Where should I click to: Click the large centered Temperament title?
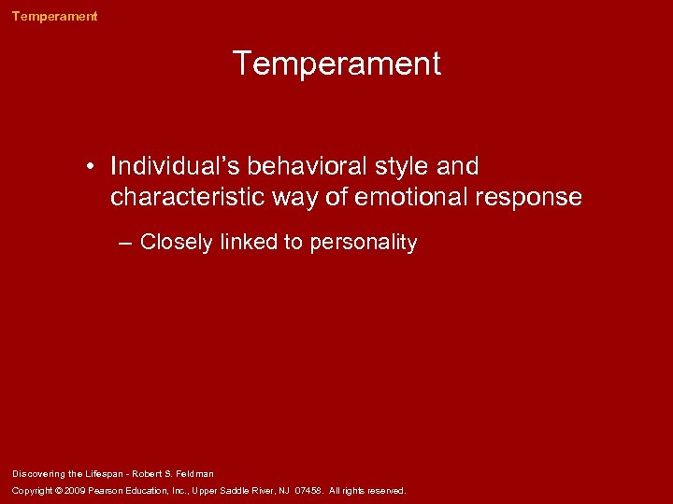pos(336,64)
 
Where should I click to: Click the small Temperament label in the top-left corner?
pos(54,16)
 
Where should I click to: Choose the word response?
pos(532,198)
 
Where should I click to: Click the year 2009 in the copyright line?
pos(74,491)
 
